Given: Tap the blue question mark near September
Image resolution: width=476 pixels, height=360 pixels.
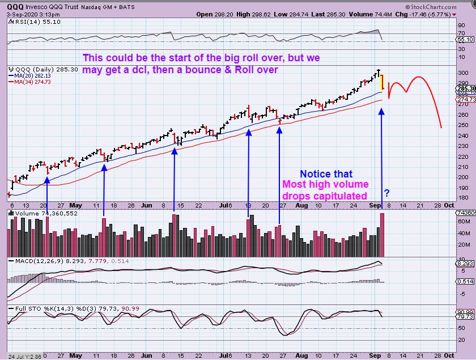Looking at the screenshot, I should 386,192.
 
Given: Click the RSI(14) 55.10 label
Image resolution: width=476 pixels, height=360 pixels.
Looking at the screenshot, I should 34,22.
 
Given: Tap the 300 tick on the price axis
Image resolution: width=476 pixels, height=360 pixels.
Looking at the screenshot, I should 462,73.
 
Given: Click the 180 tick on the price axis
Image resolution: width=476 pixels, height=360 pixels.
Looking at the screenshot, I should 462,197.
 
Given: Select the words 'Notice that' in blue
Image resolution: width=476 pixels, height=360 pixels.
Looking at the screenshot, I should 326,174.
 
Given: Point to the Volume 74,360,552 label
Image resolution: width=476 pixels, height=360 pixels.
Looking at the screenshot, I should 39,214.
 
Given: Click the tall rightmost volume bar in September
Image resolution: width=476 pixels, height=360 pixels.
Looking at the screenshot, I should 382,234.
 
